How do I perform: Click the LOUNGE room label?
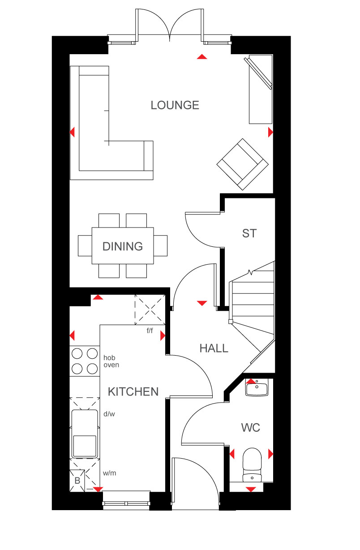tap(175, 105)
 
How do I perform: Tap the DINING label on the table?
tap(123, 246)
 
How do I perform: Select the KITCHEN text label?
tap(133, 391)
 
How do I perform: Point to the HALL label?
tap(214, 348)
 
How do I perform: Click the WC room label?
tap(251, 427)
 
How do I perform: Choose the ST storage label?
tap(249, 233)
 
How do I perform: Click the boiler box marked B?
tap(77, 481)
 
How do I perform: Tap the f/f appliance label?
tap(150, 331)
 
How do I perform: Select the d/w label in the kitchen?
tap(109, 414)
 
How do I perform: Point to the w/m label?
tap(109, 473)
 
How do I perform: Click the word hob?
tap(109, 357)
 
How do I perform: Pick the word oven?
tap(111, 365)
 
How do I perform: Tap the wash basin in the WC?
tap(257, 387)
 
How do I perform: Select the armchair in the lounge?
tap(242, 164)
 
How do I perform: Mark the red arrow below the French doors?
tap(202, 57)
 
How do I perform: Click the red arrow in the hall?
tap(202, 303)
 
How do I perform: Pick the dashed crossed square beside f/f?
tap(150, 310)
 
